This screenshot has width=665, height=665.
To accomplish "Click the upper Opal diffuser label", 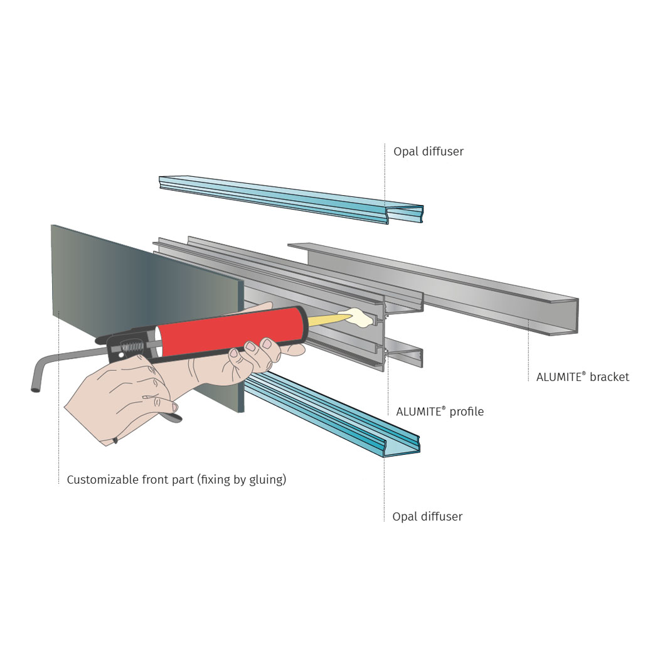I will click(428, 151).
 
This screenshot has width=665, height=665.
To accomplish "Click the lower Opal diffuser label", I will click(427, 516).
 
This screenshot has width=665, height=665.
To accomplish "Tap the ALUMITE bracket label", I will click(582, 376).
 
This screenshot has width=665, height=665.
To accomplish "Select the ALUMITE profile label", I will click(440, 412).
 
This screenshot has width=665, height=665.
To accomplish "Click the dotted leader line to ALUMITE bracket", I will click(528, 348).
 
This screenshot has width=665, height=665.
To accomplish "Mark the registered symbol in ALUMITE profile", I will click(444, 407).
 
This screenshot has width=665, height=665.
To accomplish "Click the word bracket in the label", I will click(609, 376).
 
